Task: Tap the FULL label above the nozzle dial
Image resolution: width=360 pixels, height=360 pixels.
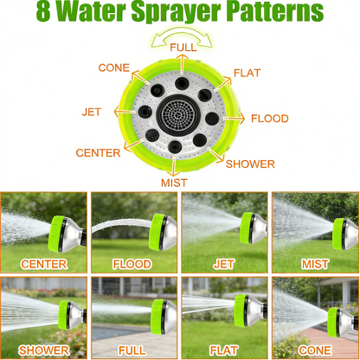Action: [183, 47]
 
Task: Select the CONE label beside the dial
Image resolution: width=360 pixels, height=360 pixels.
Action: [114, 67]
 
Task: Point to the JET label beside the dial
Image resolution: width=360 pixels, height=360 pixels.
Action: [91, 112]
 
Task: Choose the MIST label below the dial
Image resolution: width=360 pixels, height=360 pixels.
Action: [174, 183]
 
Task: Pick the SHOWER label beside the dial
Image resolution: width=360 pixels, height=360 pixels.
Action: [250, 164]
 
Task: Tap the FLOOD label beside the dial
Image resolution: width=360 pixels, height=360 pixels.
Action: [269, 119]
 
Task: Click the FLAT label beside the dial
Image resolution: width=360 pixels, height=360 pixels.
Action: [247, 74]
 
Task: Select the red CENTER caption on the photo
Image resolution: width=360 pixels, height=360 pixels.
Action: [44, 264]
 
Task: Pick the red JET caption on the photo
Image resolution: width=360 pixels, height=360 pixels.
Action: [224, 264]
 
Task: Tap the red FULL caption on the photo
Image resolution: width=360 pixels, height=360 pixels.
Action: [132, 350]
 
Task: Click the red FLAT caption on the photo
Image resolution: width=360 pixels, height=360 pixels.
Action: [224, 350]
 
